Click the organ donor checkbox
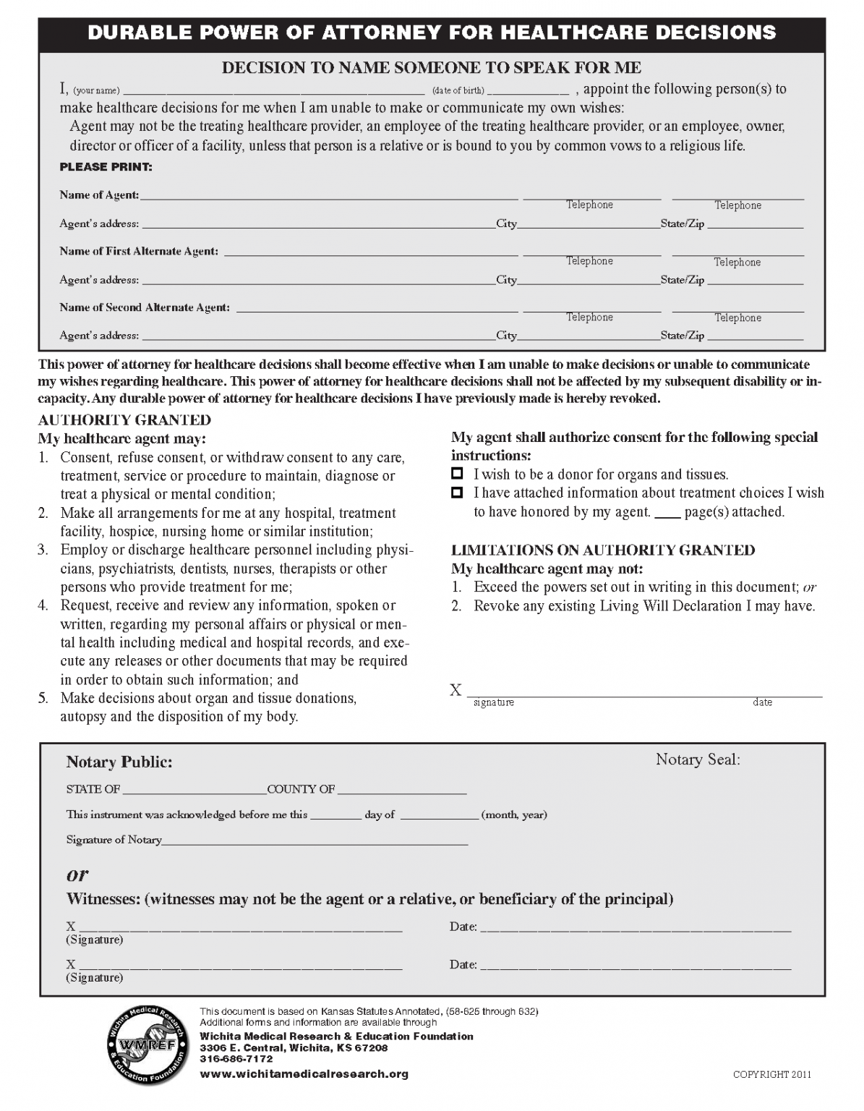(x=456, y=474)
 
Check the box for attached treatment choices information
(x=456, y=493)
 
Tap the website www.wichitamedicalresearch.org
(x=304, y=1074)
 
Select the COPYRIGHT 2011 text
(x=771, y=1075)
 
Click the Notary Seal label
(x=698, y=759)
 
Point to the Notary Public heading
(x=119, y=762)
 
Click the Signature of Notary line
(x=315, y=840)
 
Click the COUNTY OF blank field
(x=401, y=789)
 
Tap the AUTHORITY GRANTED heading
(x=124, y=420)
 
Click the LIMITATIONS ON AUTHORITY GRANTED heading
(x=603, y=550)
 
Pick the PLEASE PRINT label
(x=106, y=167)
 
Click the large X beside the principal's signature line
(x=455, y=691)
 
